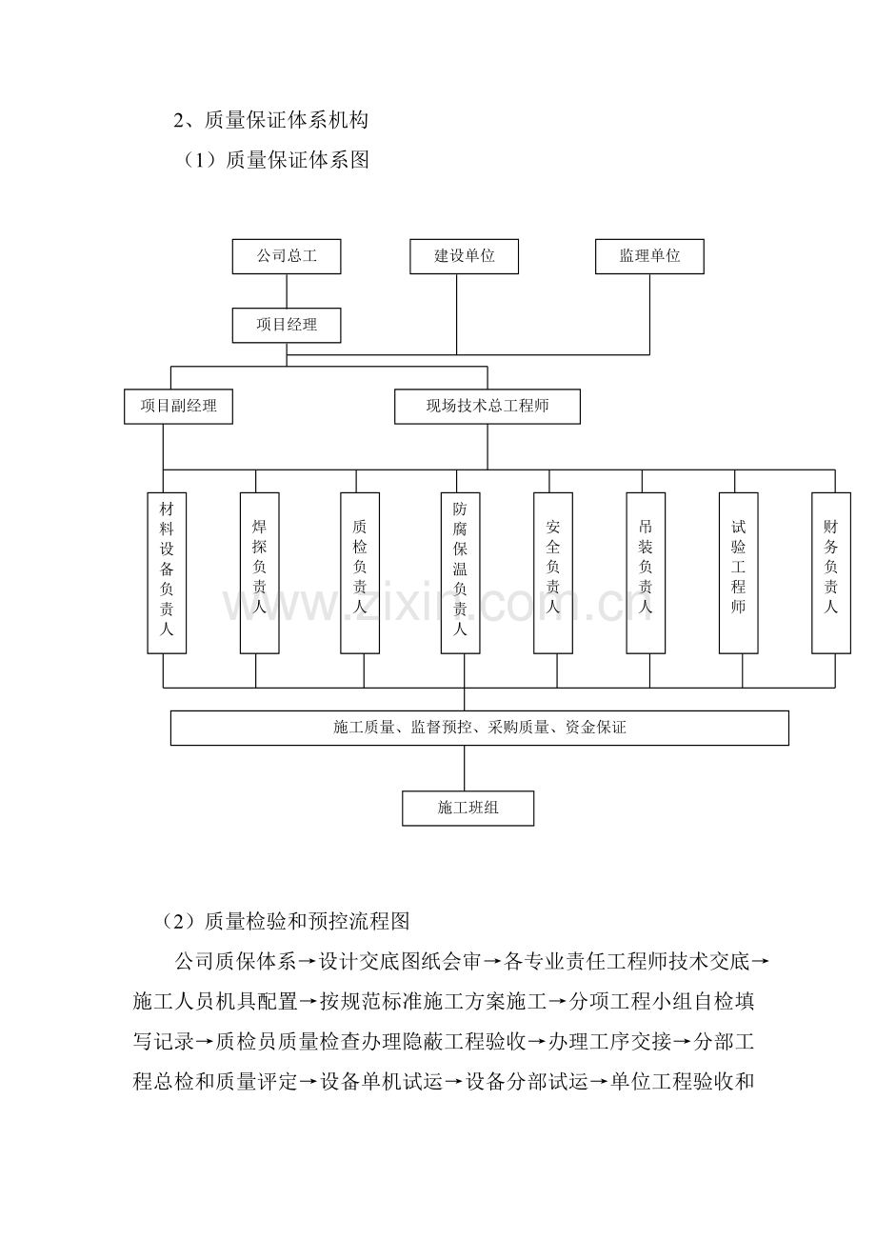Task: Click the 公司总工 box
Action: (x=286, y=256)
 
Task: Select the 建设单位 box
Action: (x=464, y=256)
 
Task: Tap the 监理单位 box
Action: (x=649, y=256)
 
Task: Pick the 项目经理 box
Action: (x=286, y=326)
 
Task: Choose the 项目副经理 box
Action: (x=178, y=407)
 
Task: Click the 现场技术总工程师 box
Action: (x=487, y=407)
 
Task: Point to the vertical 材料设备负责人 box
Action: (x=167, y=573)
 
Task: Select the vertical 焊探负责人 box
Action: (x=260, y=573)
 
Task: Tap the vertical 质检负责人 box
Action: (x=360, y=573)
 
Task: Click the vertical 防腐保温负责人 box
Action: (x=461, y=573)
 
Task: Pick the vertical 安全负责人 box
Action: (x=553, y=573)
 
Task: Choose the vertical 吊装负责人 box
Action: (x=646, y=573)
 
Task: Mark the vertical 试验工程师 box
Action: (x=738, y=573)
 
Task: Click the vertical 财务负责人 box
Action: (x=831, y=573)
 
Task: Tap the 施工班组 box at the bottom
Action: (x=468, y=809)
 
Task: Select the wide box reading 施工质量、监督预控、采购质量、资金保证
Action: (x=479, y=728)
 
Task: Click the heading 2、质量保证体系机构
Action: (x=271, y=120)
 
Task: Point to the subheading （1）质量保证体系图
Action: (x=275, y=160)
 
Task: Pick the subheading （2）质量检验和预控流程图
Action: (x=285, y=921)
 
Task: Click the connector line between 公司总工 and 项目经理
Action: (x=287, y=291)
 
